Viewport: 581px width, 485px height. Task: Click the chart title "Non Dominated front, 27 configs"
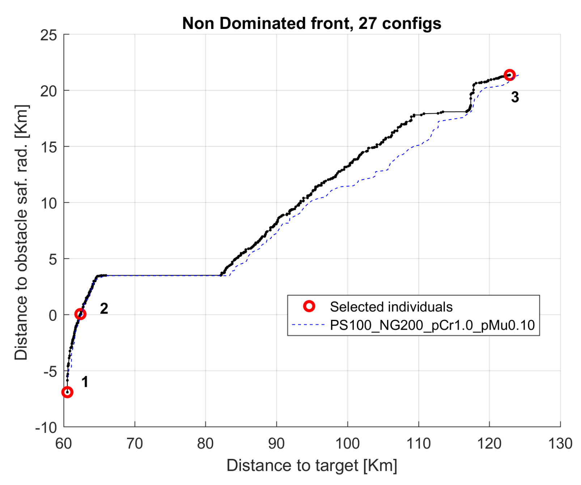[x=311, y=24]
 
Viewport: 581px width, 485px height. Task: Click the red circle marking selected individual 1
[x=67, y=392]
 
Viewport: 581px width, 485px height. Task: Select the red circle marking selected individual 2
[x=80, y=314]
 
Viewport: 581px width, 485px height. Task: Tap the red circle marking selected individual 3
[x=509, y=75]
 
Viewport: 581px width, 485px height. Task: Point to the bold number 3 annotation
[x=515, y=97]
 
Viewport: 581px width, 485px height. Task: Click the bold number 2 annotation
[x=104, y=308]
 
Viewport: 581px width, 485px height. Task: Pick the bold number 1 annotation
[x=85, y=382]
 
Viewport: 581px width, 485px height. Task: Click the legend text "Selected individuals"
[x=391, y=307]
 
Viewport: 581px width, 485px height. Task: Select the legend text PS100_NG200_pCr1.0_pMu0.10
[x=432, y=325]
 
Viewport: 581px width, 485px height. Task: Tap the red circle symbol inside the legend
[x=309, y=306]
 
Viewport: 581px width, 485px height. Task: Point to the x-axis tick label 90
[x=276, y=443]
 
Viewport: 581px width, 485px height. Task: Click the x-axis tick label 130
[x=560, y=443]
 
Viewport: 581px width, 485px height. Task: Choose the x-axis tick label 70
[x=135, y=443]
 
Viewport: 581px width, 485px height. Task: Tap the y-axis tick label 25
[x=48, y=35]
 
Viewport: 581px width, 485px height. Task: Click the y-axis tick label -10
[x=46, y=427]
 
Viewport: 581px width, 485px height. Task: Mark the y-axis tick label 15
[x=48, y=147]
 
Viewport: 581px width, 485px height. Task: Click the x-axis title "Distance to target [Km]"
[x=311, y=465]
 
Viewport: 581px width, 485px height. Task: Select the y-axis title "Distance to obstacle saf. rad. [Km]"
[x=21, y=232]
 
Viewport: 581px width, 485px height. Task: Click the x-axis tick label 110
[x=418, y=443]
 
